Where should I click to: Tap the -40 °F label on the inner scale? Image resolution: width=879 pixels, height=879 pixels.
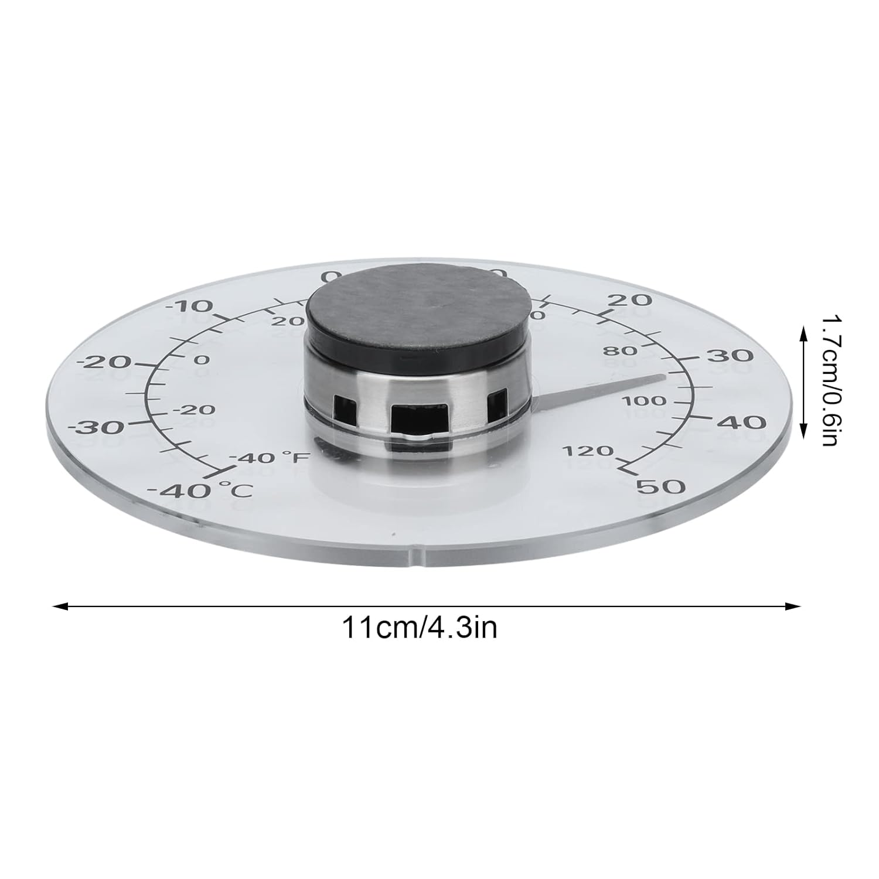[269, 457]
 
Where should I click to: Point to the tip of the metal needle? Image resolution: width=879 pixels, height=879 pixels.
[665, 377]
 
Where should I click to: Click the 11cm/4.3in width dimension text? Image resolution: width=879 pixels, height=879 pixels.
[420, 628]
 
